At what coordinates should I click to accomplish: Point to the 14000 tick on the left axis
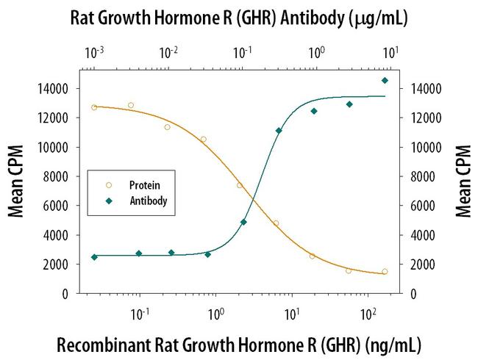coord(53,89)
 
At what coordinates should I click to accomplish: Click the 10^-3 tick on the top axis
coord(94,52)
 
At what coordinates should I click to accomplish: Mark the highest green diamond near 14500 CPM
coord(385,80)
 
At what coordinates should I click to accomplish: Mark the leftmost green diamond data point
coord(94,257)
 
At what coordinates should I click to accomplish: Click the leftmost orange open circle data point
coord(94,107)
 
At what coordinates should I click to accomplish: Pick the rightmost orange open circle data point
coord(385,271)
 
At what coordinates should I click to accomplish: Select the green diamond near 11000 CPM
coord(279,131)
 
